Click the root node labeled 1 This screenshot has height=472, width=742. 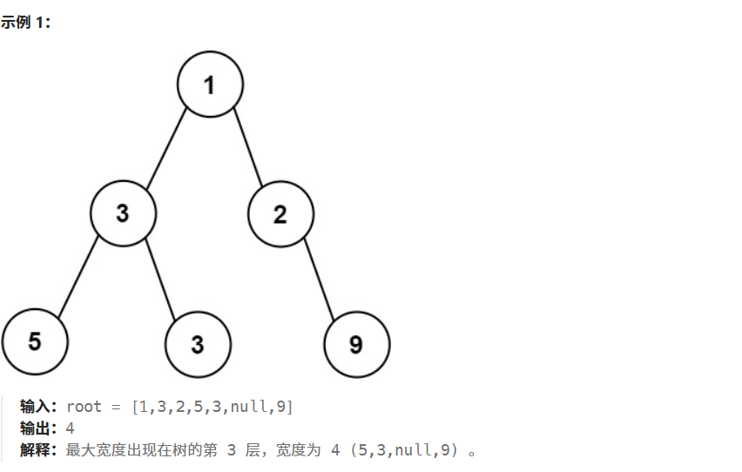click(210, 84)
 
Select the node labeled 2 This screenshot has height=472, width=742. click(280, 214)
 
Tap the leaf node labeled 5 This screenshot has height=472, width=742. click(35, 341)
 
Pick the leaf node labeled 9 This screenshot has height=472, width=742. click(356, 345)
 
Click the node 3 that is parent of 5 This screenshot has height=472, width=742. click(123, 213)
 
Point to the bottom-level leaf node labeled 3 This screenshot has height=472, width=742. click(198, 344)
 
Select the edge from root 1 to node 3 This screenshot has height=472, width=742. click(167, 150)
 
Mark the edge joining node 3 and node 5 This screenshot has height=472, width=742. click(79, 276)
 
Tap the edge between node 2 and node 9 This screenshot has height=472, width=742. click(320, 279)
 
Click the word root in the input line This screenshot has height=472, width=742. click(83, 407)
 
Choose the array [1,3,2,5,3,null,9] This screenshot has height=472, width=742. click(212, 407)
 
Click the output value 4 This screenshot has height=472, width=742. click(70, 428)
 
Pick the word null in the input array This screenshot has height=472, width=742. click(247, 407)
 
